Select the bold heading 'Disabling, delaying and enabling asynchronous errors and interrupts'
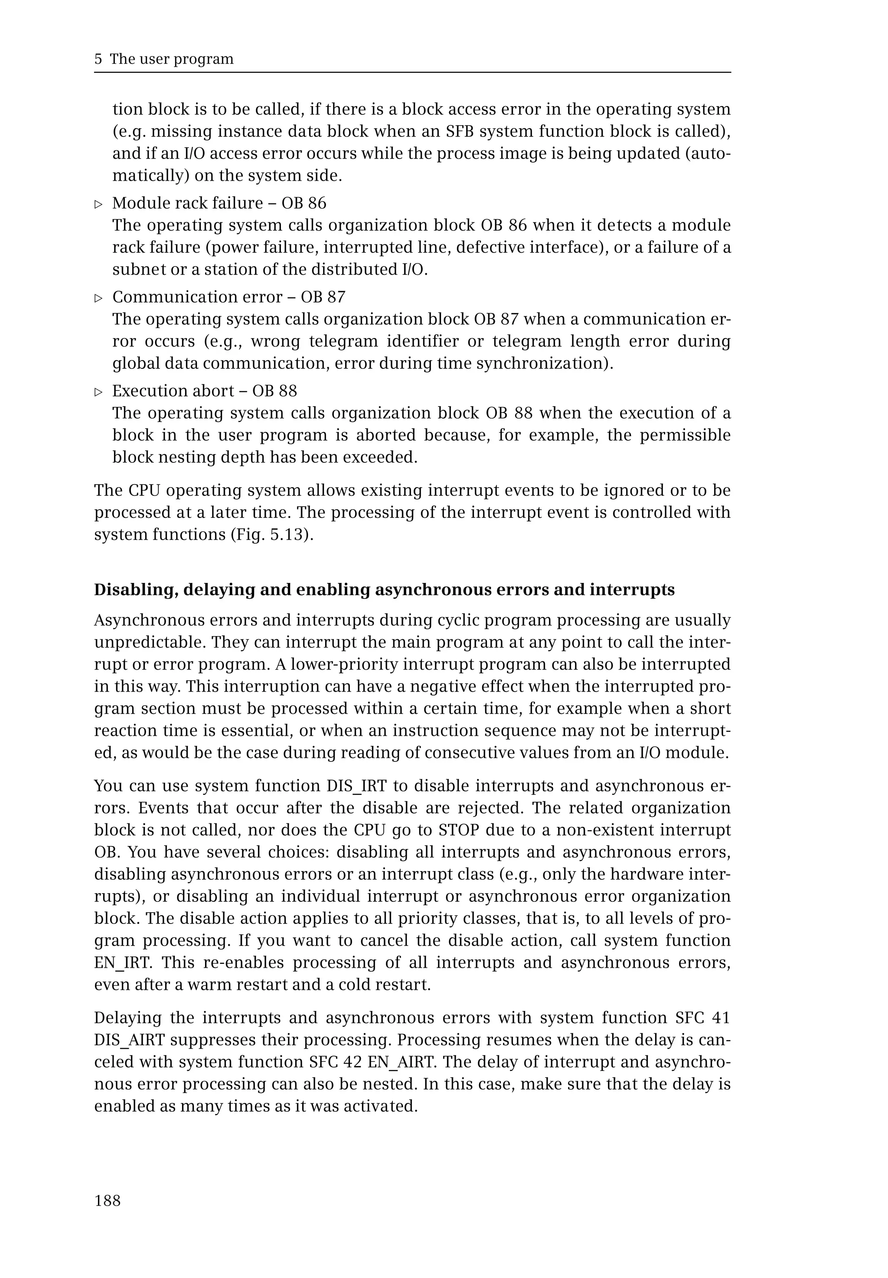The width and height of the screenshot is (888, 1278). pyautogui.click(x=384, y=589)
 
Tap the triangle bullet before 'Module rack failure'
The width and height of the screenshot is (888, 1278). pyautogui.click(x=99, y=205)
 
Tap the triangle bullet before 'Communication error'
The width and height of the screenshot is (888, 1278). pyautogui.click(x=99, y=299)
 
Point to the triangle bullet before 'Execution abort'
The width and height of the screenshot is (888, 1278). pyautogui.click(x=99, y=393)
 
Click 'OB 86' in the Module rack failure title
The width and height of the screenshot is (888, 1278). pyautogui.click(x=304, y=203)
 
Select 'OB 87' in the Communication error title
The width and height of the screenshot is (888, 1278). pyautogui.click(x=323, y=297)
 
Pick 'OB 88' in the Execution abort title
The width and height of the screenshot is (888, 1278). pyautogui.click(x=274, y=391)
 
